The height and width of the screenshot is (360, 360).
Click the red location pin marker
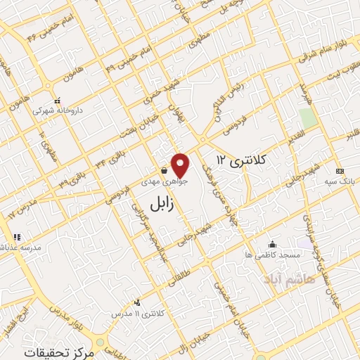pyautogui.click(x=181, y=165)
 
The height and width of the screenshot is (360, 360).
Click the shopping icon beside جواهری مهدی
pyautogui.click(x=164, y=170)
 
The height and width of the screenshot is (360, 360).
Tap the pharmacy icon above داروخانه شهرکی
pyautogui.click(x=58, y=102)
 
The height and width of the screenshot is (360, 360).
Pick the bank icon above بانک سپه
pyautogui.click(x=340, y=172)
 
